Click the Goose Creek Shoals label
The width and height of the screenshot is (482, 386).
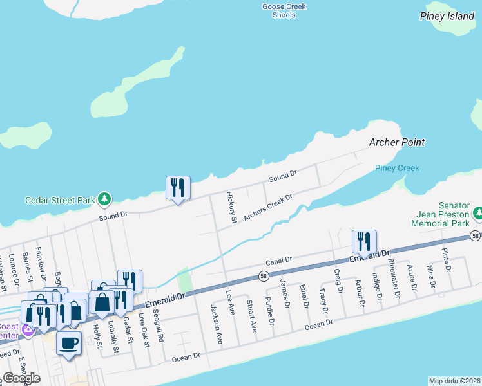284,11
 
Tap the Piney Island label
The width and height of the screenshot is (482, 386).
447,16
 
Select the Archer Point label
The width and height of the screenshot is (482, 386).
397,142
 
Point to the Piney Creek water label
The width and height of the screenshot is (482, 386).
397,168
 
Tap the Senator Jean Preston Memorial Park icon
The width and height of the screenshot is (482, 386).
477,212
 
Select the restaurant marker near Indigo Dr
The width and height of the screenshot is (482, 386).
364,242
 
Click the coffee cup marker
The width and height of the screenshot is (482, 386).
69,342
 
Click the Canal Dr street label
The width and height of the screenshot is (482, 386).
279,261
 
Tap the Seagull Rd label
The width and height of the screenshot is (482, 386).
159,328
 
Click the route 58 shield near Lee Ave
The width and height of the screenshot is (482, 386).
263,277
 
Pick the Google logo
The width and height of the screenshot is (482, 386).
21,378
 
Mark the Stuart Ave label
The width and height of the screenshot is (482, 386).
253,316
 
